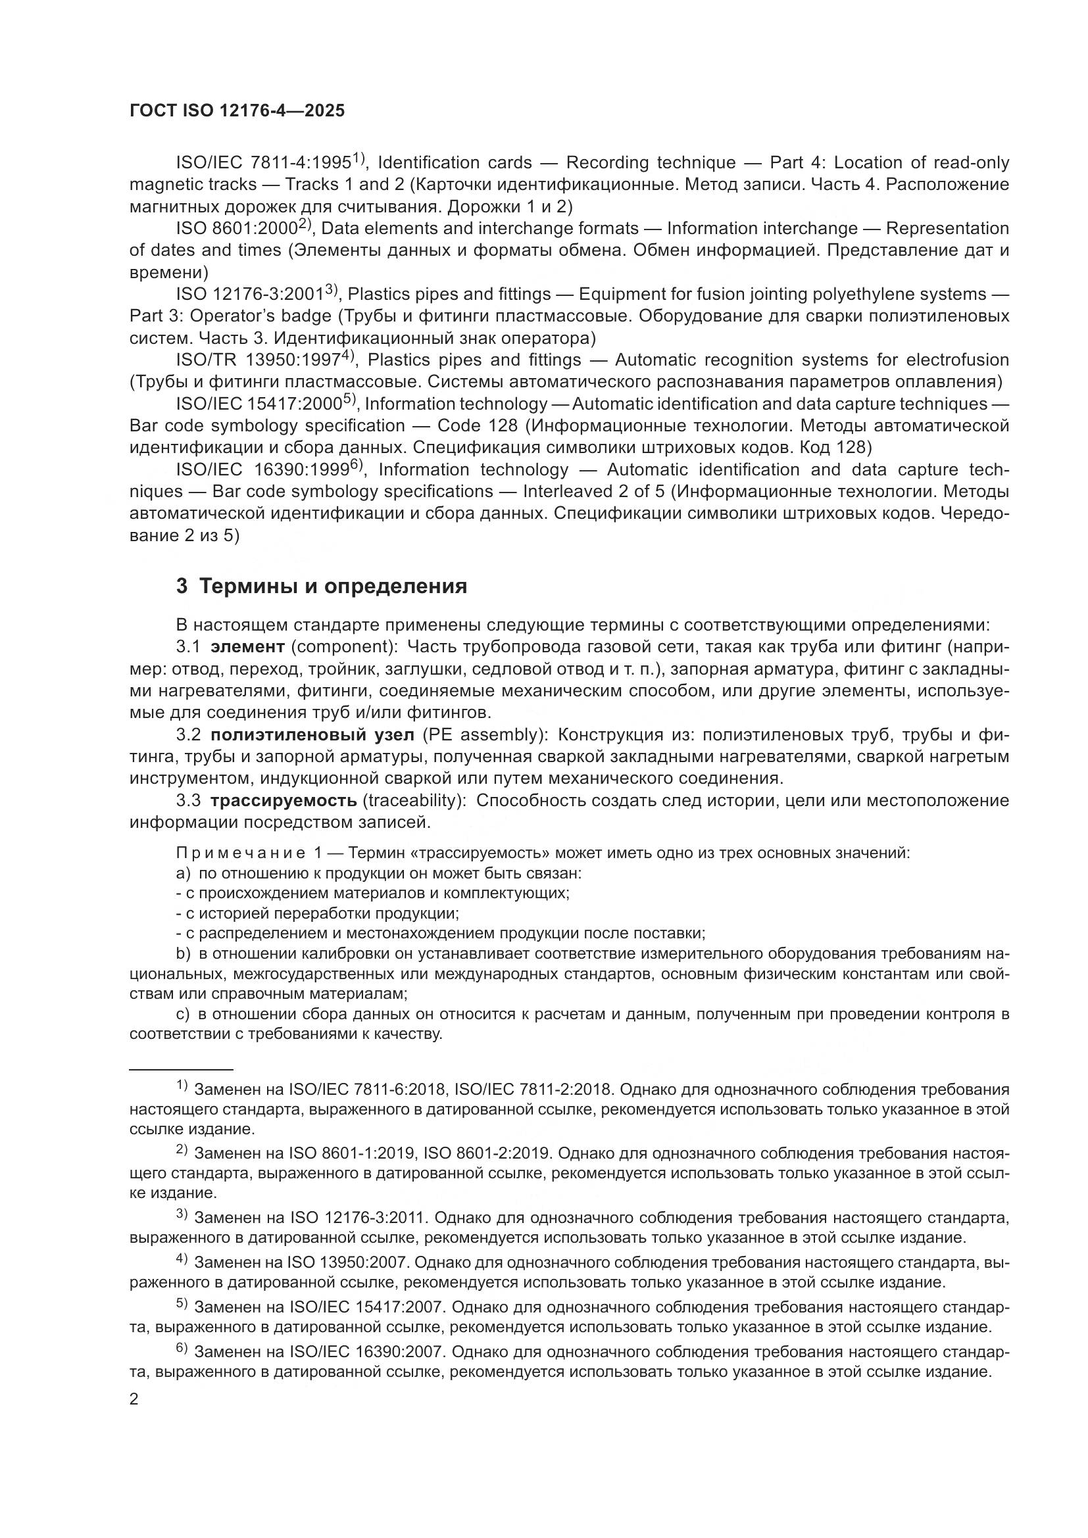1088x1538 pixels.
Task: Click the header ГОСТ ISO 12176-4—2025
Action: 237,111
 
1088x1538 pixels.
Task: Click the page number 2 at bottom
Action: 134,1399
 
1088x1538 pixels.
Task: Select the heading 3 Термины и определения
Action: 322,586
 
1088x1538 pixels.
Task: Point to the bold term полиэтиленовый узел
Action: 312,735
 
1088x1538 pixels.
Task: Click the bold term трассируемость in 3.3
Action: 284,800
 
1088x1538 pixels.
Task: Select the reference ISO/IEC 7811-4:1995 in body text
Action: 263,163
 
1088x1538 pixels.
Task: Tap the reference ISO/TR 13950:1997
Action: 258,360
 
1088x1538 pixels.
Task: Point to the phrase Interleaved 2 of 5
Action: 593,492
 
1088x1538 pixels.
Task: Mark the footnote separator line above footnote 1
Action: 181,1070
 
